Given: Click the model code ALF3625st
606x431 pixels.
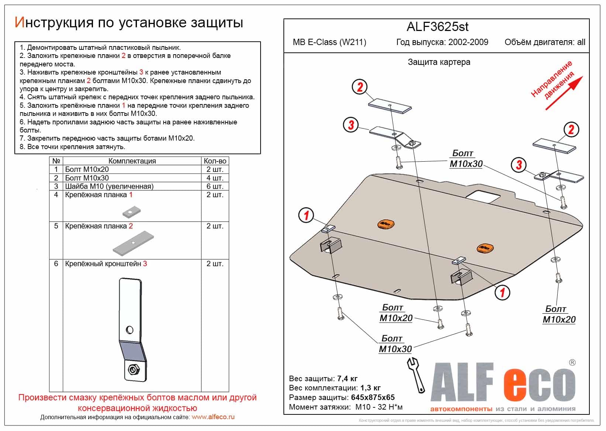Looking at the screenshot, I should [x=437, y=27].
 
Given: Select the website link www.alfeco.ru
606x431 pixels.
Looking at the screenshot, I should [x=213, y=417].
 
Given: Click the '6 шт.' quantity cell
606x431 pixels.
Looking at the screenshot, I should [x=215, y=186].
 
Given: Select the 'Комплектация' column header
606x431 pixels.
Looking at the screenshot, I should [x=132, y=161].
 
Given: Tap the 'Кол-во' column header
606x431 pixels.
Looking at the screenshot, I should [x=215, y=161].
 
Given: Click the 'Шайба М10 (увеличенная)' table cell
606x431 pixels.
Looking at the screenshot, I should [x=109, y=186].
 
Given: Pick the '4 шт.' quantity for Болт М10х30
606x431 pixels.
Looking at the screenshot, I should [x=215, y=178].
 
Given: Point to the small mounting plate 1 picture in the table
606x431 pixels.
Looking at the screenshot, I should [x=130, y=212].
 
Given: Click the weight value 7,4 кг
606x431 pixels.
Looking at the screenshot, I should [x=347, y=379].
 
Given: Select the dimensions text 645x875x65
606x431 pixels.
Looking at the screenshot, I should [x=371, y=397].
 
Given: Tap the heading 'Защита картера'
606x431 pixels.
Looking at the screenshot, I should [x=439, y=62].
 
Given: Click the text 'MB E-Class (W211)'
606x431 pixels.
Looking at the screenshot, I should [x=329, y=42].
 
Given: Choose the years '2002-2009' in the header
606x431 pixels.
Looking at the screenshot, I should [x=468, y=42].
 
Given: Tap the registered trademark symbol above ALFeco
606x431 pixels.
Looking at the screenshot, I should [x=572, y=363].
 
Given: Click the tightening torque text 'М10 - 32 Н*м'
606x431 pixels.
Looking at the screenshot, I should [x=379, y=407].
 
